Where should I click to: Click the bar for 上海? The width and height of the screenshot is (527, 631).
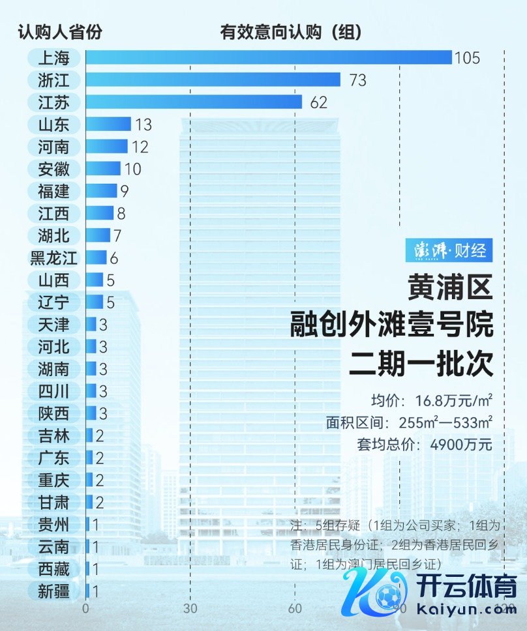point(268,57)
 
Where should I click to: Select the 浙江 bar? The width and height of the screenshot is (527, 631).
point(213,80)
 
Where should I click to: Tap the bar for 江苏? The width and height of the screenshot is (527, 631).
point(194,102)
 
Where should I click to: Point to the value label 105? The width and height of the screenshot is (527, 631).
point(467,58)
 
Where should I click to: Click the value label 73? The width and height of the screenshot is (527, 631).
point(358,80)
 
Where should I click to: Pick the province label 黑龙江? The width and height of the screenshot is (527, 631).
point(54,257)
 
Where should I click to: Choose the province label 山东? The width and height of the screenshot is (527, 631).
point(54,124)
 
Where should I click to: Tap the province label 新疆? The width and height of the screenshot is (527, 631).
point(54,591)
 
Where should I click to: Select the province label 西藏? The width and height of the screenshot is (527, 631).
point(54,568)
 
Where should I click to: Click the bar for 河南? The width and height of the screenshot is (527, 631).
point(106,146)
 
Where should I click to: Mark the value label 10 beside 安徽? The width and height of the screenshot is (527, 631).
point(132,169)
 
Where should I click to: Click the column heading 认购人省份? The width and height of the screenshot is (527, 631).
point(59,31)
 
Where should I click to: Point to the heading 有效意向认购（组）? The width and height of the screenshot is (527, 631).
point(291,31)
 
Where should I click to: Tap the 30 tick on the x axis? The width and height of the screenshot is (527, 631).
point(190,609)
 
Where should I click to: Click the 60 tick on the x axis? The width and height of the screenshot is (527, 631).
point(295,609)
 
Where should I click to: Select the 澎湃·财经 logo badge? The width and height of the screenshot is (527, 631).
point(449,250)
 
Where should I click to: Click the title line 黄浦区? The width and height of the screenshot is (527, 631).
point(450,287)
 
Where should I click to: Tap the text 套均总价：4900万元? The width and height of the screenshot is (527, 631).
point(424,445)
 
